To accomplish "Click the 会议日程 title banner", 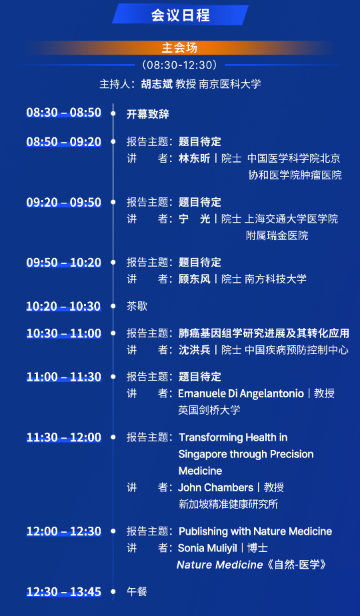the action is pyautogui.click(x=180, y=15).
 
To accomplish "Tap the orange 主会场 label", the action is pyautogui.click(x=179, y=47).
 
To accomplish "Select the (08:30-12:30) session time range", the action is pyautogui.click(x=179, y=65).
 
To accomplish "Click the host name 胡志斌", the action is pyautogui.click(x=157, y=84).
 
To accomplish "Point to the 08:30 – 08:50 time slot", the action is pyautogui.click(x=64, y=113).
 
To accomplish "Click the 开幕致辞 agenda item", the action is pyautogui.click(x=148, y=114).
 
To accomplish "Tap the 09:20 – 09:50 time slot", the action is pyautogui.click(x=64, y=202).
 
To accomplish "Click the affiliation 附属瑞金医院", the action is pyautogui.click(x=277, y=235).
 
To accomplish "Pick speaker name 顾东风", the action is pyautogui.click(x=195, y=279).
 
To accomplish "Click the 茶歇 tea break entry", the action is pyautogui.click(x=137, y=306).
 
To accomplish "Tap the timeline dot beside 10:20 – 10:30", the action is pyautogui.click(x=113, y=305).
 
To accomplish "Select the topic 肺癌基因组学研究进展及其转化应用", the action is pyautogui.click(x=264, y=333).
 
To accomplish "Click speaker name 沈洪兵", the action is pyautogui.click(x=195, y=350).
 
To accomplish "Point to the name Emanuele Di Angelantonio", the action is pyautogui.click(x=241, y=393).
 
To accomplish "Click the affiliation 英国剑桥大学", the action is pyautogui.click(x=209, y=410).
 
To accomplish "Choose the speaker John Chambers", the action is pyautogui.click(x=216, y=487).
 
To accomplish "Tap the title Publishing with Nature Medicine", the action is pyautogui.click(x=255, y=531).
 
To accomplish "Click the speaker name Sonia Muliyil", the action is pyautogui.click(x=207, y=548).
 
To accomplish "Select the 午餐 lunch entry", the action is pyautogui.click(x=137, y=591).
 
